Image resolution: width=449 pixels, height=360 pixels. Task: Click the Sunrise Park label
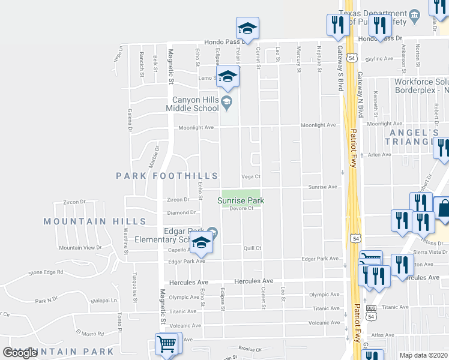(241, 200)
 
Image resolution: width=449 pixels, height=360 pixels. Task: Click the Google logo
(20, 353)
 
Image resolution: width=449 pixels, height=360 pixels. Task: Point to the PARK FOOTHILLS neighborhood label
(167, 176)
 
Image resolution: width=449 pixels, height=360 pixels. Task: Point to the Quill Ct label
(252, 248)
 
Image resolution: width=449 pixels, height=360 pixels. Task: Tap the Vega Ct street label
(251, 176)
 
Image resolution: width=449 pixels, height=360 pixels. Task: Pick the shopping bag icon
(444, 209)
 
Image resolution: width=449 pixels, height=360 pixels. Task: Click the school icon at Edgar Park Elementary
(202, 242)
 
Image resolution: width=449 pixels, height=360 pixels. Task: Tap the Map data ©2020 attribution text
(423, 355)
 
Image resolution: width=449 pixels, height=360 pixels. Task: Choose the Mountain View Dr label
(80, 247)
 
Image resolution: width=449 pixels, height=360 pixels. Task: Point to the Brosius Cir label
(250, 348)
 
